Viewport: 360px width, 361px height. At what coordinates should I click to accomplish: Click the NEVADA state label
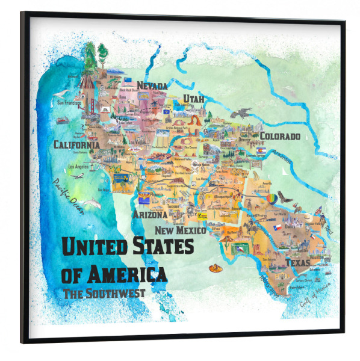coord(152,86)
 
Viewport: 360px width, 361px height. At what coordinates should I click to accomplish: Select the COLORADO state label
coord(279,136)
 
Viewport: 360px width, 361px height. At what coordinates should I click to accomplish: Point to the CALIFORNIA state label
coord(76,145)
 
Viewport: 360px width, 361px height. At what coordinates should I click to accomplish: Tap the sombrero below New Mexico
coord(213,268)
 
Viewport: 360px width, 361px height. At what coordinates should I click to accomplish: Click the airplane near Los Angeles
coord(77,176)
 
